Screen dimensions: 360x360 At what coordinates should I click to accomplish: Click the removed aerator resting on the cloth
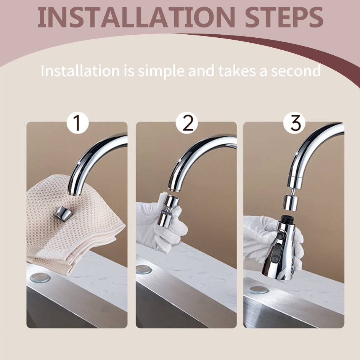point(63,213)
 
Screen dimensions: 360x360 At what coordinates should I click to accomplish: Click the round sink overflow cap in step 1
point(40,277)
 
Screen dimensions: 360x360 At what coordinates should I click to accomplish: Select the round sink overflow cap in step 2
point(144,269)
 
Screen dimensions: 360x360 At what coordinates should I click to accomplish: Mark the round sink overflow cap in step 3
point(257,290)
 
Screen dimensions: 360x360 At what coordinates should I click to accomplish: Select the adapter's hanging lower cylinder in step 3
point(290,202)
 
